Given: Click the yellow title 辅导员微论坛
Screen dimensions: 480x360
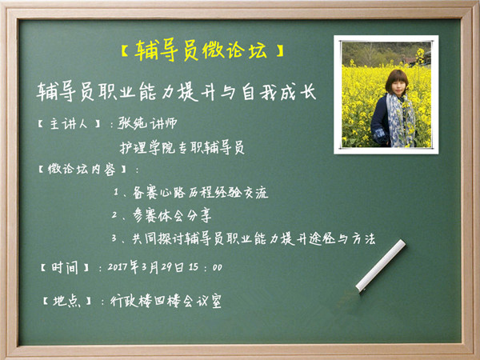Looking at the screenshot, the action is pos(201,50).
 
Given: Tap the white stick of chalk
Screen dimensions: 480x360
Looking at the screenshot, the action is pos(381,266).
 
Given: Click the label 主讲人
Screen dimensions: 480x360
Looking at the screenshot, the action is pos(69,124).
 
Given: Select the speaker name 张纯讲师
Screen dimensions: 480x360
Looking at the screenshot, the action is pos(147,123).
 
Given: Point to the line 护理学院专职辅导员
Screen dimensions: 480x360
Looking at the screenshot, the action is pos(182,148).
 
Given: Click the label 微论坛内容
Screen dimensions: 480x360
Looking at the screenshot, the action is pos(82,169).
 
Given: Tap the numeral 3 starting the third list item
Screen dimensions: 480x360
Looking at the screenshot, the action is pos(114,238).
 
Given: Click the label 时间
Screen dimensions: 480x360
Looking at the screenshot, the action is pos(65,268).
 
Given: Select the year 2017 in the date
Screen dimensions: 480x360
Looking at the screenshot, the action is pos(118,267).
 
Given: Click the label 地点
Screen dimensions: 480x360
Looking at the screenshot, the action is pos(66,302).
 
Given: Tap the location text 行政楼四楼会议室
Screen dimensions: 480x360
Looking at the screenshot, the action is pos(166,302).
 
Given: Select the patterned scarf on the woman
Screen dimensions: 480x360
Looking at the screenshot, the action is pos(401,119).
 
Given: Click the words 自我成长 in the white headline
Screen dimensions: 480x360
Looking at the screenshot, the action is pos(279,92).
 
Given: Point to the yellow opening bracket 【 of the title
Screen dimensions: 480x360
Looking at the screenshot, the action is pos(125,51).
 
